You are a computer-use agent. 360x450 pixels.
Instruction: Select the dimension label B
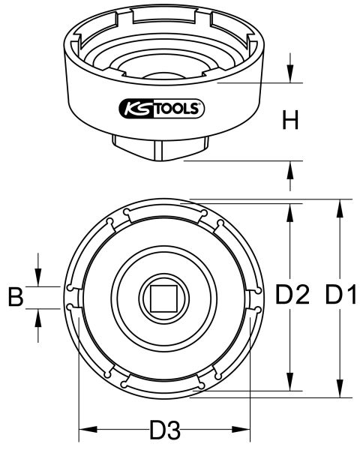click(x=16, y=297)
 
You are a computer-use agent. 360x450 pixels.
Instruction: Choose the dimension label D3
click(x=164, y=431)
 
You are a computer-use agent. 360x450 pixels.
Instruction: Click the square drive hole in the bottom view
click(x=164, y=298)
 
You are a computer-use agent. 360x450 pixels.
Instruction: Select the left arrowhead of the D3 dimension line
click(x=85, y=430)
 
